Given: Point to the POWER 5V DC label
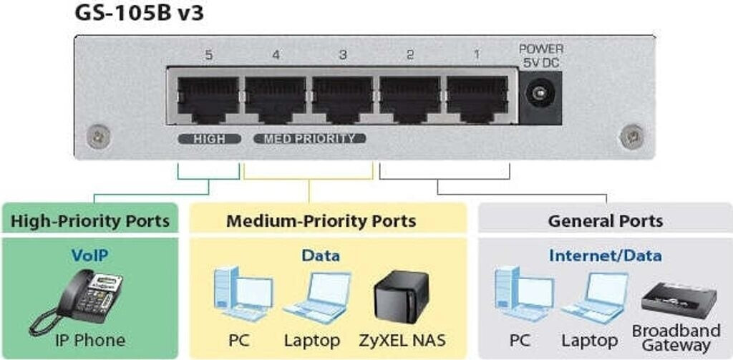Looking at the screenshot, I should [540, 55].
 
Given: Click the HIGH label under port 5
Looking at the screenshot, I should [208, 139].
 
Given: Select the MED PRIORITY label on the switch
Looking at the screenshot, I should [310, 139].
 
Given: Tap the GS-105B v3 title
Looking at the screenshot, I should [139, 14].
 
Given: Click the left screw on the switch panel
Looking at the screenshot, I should [98, 133].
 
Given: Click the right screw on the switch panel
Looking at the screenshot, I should [631, 133].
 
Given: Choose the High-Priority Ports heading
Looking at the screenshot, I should [90, 220].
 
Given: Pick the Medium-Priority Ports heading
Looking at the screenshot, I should [321, 220].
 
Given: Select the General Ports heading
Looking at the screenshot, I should [606, 220].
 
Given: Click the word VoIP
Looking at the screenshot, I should [90, 256].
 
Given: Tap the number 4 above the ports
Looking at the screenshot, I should [276, 55].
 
